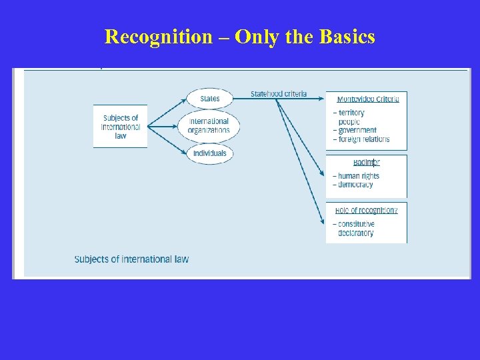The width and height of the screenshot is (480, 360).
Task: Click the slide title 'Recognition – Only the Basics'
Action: (240, 37)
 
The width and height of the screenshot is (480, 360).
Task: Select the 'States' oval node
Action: (209, 99)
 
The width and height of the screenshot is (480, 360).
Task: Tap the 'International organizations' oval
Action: (209, 125)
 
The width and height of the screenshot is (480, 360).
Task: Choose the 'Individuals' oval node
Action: (209, 153)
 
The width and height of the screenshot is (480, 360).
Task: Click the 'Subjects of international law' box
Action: (121, 127)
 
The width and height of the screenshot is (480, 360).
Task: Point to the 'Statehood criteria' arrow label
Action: (279, 94)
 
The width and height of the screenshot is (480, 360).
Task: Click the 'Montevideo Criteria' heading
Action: (367, 99)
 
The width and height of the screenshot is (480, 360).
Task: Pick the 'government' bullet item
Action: (357, 131)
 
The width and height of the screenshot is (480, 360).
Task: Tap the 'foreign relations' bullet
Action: (363, 139)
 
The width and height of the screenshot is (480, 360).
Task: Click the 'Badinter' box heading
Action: (367, 162)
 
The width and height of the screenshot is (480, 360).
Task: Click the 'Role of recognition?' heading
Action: (367, 210)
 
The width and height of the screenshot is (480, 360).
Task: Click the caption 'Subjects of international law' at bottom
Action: (131, 259)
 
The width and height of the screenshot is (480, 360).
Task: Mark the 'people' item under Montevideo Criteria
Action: (349, 122)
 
